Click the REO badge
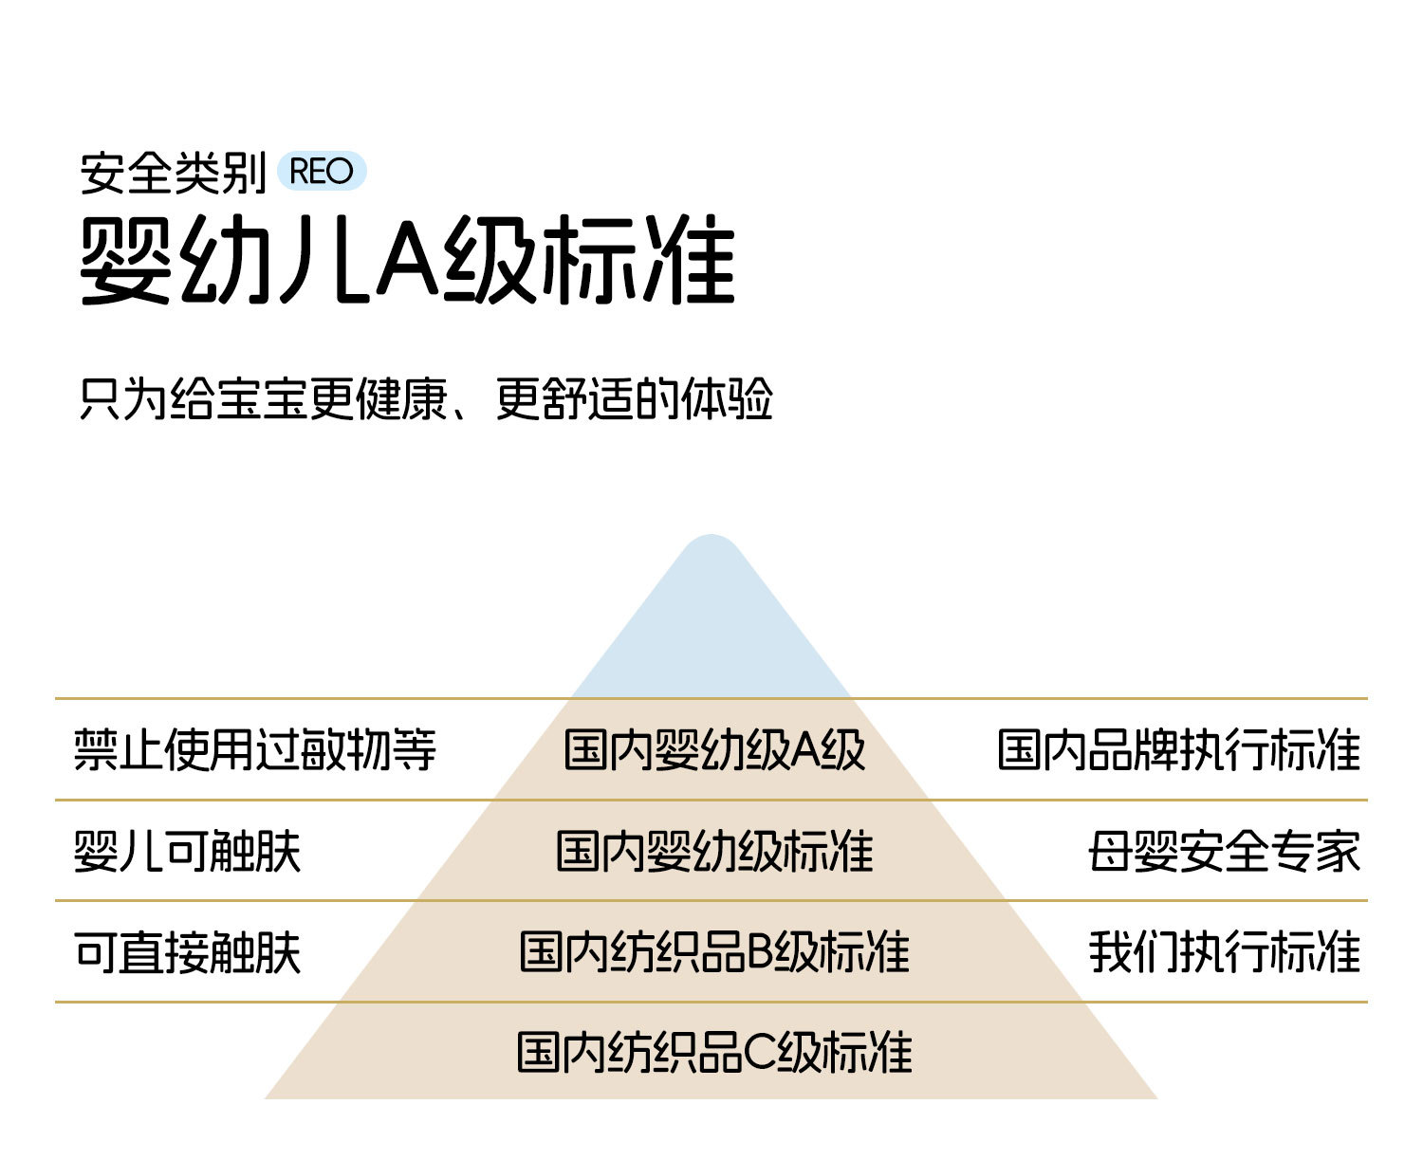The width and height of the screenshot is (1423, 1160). click(321, 172)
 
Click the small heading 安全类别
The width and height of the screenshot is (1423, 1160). click(173, 174)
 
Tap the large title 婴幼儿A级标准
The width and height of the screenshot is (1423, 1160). click(408, 260)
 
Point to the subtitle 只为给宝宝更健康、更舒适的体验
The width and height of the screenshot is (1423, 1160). click(426, 398)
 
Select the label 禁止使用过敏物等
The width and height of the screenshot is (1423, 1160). click(255, 749)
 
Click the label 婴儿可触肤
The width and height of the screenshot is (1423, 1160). click(188, 851)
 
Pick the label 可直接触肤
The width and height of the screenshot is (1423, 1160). click(188, 952)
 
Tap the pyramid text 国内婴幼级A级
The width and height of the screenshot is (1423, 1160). click(714, 749)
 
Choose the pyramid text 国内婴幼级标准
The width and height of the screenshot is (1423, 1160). click(714, 851)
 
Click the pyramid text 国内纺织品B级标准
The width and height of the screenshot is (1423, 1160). click(714, 952)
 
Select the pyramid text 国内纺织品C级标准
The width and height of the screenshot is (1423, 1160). click(714, 1053)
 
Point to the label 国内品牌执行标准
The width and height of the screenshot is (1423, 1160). click(1179, 749)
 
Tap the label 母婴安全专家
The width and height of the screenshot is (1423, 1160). click(1225, 851)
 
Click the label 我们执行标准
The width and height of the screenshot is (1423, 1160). click(1225, 952)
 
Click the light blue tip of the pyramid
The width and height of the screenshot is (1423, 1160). click(711, 626)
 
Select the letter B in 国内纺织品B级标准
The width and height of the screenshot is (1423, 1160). click(761, 952)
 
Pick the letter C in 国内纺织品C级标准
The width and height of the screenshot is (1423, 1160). click(761, 1053)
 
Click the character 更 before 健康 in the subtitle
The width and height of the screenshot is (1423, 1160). click(332, 398)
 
